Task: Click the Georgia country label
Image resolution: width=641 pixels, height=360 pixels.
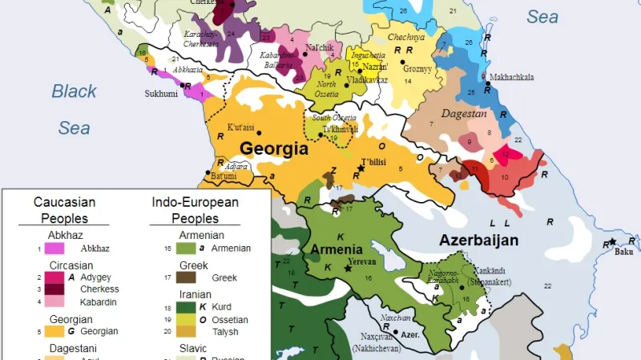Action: click(273, 148)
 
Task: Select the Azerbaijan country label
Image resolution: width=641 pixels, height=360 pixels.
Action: click(478, 240)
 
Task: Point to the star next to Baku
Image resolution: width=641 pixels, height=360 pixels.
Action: click(612, 242)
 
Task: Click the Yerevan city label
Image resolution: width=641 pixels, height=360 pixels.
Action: click(361, 262)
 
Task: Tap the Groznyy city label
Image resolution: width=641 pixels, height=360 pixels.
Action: click(418, 69)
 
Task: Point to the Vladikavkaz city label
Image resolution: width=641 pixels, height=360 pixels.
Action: click(367, 80)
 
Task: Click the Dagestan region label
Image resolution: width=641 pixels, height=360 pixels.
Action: click(464, 114)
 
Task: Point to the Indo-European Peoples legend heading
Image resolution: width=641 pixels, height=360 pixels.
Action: click(195, 210)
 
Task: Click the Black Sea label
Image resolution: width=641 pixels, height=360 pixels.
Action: click(75, 108)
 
